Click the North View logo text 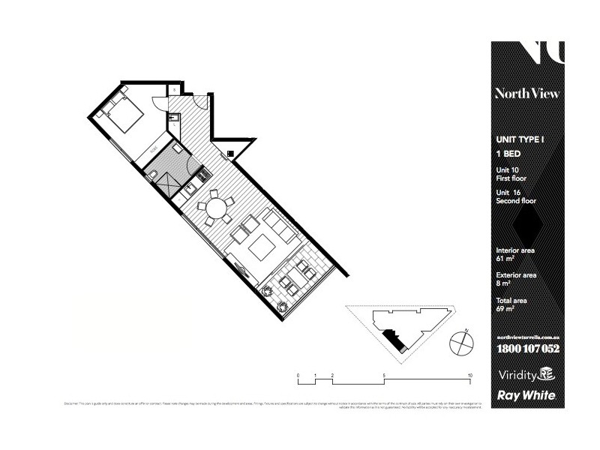[526, 94]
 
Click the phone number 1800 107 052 [528, 349]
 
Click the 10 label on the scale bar [469, 373]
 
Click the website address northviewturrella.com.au [528, 337]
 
